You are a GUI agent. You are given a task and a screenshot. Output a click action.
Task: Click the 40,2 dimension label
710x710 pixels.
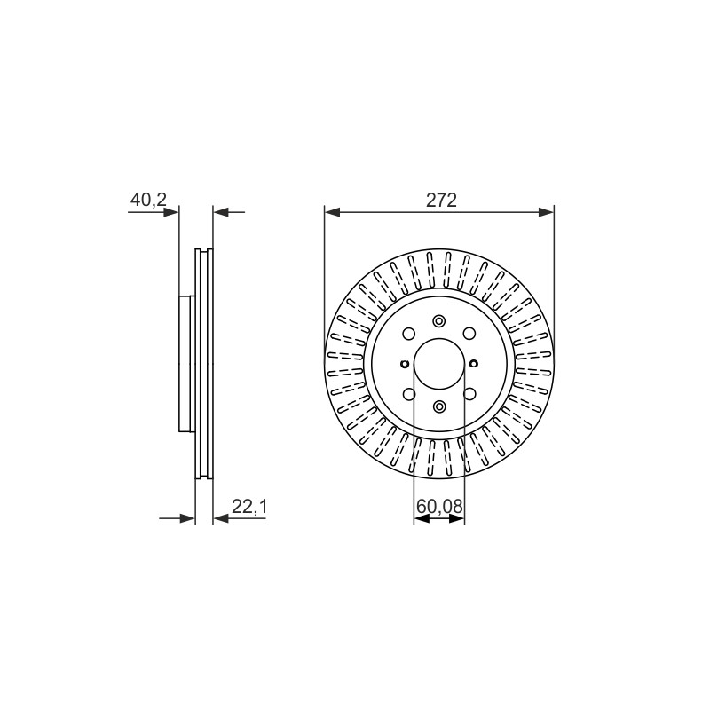click(148, 200)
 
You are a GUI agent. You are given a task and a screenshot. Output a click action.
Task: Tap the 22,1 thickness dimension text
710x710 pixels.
click(249, 507)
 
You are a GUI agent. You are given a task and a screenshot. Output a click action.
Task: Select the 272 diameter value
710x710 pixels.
click(441, 200)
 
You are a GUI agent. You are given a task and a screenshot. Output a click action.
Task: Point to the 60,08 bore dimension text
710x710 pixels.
click(439, 506)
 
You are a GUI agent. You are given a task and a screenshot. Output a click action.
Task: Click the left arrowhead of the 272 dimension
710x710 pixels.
click(332, 212)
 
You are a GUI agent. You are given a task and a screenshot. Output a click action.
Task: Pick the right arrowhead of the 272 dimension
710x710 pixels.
click(546, 212)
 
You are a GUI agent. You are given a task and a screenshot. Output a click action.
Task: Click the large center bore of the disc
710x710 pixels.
click(439, 364)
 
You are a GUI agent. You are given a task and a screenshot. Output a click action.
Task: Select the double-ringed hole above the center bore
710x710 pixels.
click(438, 321)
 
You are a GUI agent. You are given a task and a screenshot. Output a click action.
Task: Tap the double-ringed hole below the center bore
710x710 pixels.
click(439, 406)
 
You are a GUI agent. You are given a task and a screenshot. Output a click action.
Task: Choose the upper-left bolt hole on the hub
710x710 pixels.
click(409, 334)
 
